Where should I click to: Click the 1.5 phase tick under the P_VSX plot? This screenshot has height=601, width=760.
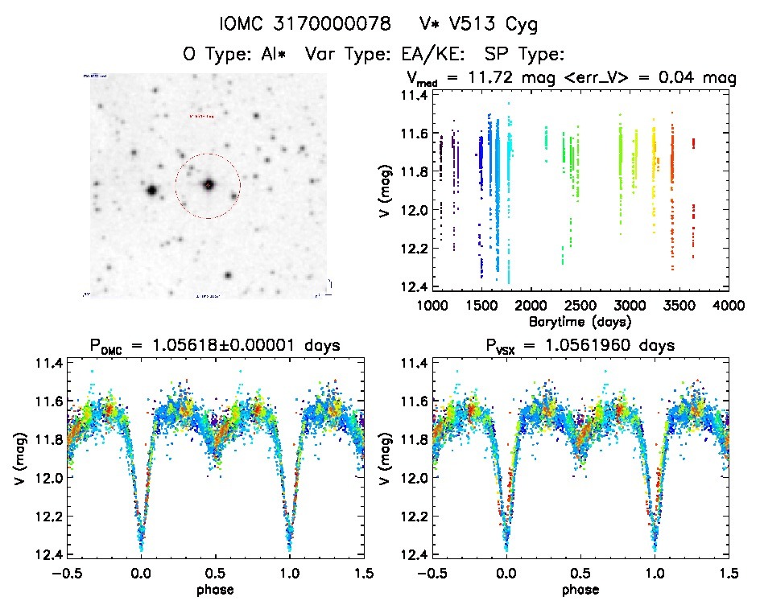[728, 573]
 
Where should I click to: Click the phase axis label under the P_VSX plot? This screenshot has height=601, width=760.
[580, 589]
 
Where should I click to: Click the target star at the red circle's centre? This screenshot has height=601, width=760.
[209, 185]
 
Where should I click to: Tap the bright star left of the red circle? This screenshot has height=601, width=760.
[151, 190]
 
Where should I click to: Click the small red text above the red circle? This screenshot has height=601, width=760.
[201, 117]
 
